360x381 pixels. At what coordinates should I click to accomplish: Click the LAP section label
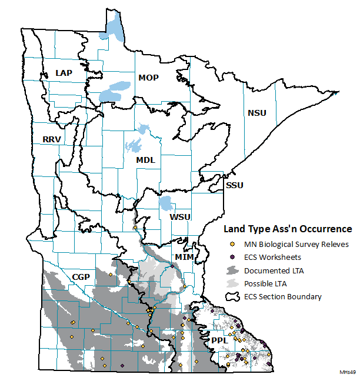coord(64,72)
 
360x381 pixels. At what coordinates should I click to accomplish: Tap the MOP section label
coord(148,77)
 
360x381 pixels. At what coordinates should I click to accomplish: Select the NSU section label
coord(256,112)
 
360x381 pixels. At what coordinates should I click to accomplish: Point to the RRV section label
coord(52,139)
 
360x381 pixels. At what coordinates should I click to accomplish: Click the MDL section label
coord(145,159)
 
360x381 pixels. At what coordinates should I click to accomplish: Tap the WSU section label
coord(180,217)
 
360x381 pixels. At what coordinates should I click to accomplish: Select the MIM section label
coord(184,257)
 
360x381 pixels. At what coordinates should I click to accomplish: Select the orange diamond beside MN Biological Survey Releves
coord(232,244)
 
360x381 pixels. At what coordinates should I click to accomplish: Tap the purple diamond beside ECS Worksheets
coord(232,257)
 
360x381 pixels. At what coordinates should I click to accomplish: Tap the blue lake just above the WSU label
coord(166,204)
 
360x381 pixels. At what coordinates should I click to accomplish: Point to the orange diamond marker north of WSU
coord(135,227)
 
